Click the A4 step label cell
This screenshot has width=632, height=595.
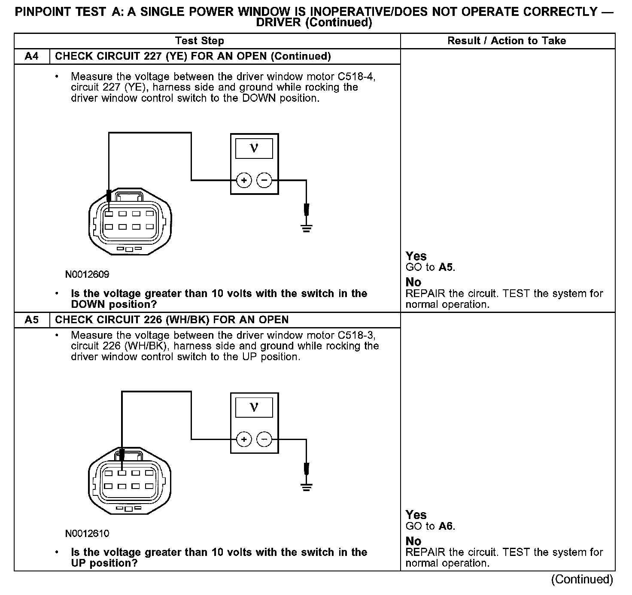[32, 56]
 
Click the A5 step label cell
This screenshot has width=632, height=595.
[32, 320]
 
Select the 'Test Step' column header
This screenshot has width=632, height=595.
[200, 41]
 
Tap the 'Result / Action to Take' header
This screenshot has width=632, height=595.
[507, 41]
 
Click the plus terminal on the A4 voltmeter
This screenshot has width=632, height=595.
[244, 180]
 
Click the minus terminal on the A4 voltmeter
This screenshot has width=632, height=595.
[264, 180]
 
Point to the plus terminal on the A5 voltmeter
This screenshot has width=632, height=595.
[244, 439]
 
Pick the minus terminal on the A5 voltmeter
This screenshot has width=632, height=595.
[264, 439]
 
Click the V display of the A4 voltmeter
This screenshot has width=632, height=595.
[254, 149]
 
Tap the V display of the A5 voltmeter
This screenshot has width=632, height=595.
[254, 407]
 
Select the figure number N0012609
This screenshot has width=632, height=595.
[87, 274]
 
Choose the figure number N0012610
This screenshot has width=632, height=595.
[87, 534]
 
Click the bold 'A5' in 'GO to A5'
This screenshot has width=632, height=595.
[446, 267]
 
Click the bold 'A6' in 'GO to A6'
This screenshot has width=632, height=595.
[446, 526]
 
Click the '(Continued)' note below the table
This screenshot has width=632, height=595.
[582, 580]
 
